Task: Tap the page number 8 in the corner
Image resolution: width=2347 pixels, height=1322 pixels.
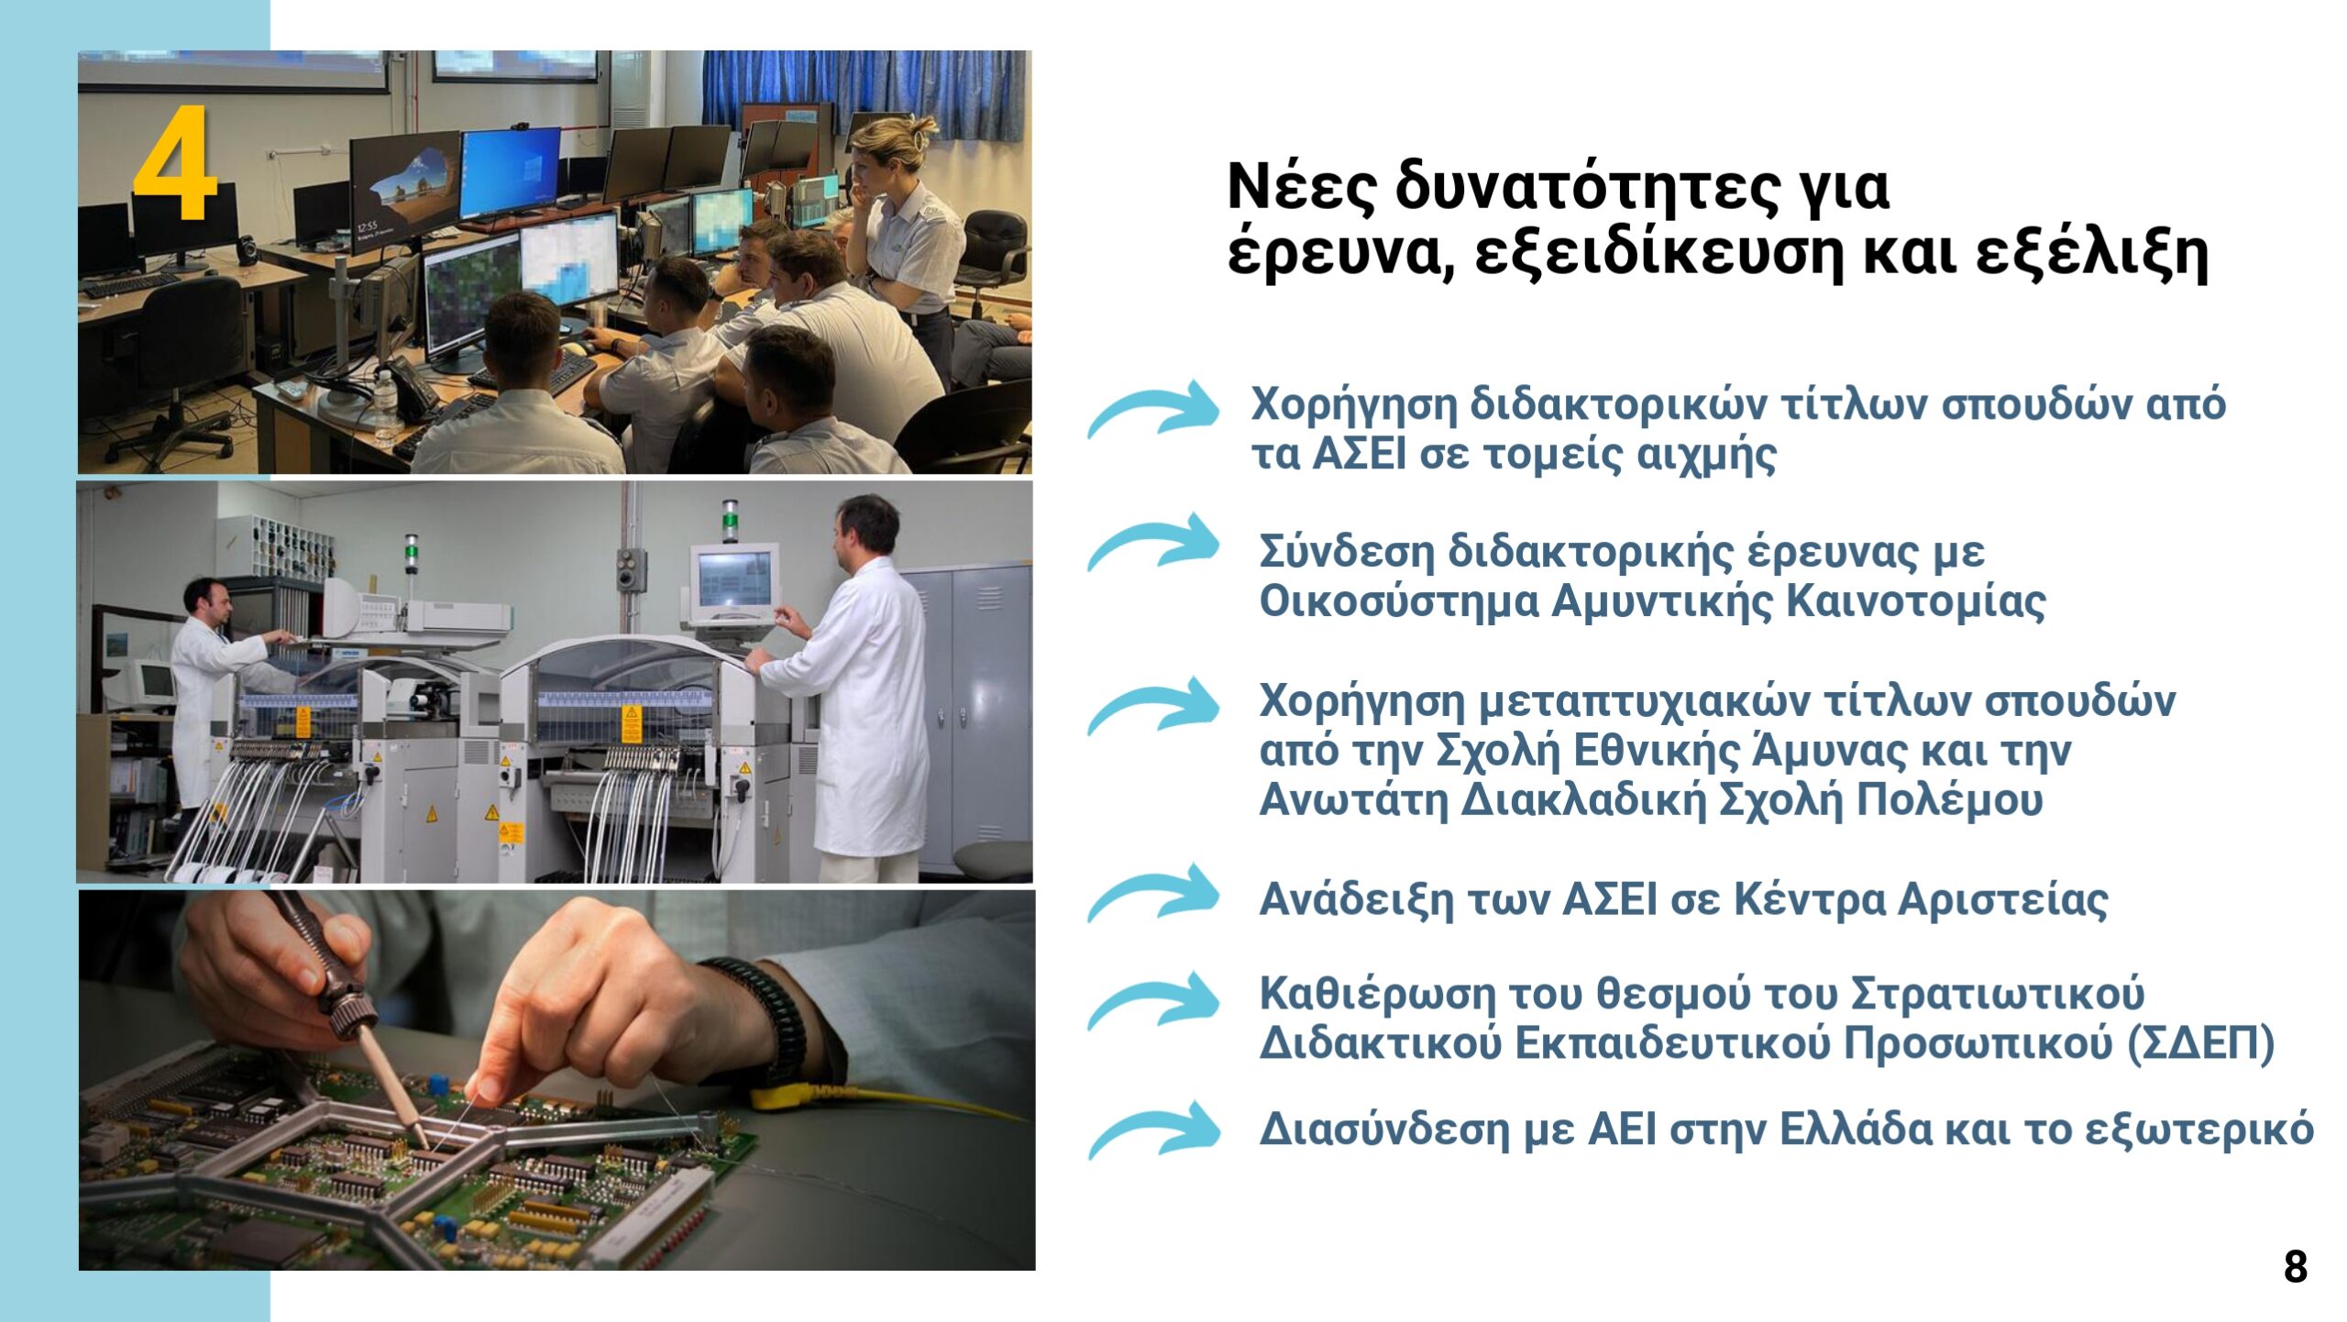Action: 2296,1267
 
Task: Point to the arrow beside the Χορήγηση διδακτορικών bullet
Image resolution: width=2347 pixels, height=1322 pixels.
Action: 1153,408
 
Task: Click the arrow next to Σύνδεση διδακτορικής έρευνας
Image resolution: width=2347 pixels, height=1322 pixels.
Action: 1153,541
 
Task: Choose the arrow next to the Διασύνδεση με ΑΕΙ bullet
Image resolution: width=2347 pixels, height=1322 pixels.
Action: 1153,1129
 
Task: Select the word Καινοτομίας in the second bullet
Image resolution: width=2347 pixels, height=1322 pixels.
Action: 1916,601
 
